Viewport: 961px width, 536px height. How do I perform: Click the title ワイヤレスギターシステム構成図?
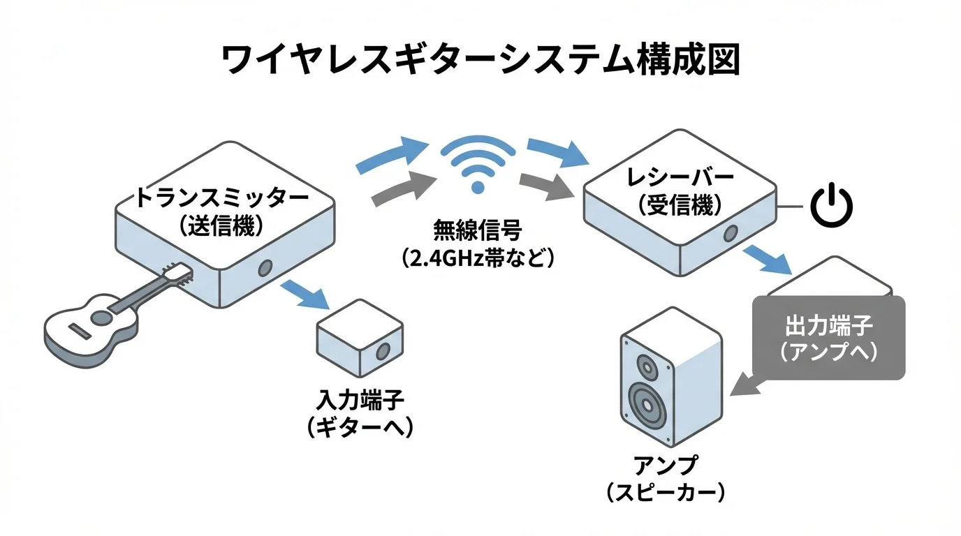click(480, 61)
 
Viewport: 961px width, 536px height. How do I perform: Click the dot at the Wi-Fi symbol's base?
click(478, 186)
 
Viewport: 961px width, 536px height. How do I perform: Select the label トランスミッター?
click(222, 198)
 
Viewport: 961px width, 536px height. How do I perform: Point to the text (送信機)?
click(222, 225)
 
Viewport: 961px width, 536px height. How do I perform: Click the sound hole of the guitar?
click(101, 318)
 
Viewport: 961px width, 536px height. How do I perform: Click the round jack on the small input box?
click(383, 351)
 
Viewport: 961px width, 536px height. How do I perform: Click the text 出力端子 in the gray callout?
click(829, 325)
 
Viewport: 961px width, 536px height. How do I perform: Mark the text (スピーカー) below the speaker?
click(665, 493)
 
